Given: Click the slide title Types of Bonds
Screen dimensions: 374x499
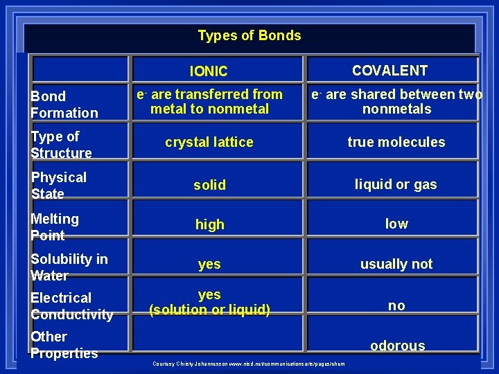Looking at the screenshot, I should (x=249, y=35).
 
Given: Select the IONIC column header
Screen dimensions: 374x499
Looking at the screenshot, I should (x=209, y=71).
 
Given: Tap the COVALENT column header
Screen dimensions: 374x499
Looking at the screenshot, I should (x=389, y=71).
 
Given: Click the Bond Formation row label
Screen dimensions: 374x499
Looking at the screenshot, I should (x=64, y=105).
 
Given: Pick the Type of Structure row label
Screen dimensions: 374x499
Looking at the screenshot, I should (x=61, y=145).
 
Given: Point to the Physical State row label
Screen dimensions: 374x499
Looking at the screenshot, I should (x=58, y=186).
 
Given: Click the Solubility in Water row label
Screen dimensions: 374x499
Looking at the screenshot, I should (x=69, y=267).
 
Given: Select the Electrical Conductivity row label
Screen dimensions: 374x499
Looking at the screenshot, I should (x=71, y=306).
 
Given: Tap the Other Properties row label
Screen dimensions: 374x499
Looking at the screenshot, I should (x=64, y=345).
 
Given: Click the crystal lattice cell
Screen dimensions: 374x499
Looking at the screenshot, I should (x=209, y=142).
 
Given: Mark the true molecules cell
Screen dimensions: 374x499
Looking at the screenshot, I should (x=396, y=142).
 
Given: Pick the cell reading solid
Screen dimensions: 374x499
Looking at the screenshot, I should (x=209, y=185).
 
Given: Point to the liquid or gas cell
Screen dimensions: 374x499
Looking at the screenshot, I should (x=396, y=184).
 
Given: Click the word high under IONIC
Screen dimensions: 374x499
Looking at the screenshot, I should (x=209, y=224).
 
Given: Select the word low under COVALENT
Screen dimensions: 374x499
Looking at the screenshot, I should (x=396, y=224).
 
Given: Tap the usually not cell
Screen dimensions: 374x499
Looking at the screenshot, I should (x=396, y=264).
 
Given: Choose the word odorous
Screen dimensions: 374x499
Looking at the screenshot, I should (x=398, y=346).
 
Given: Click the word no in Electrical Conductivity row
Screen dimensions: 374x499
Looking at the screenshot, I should (x=396, y=305).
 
